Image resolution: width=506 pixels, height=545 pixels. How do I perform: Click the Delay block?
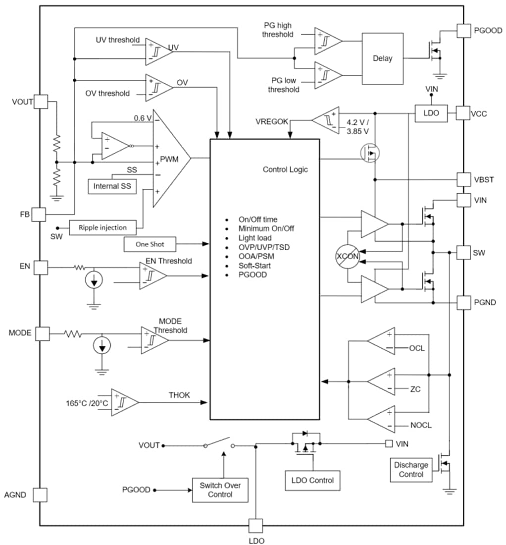(x=382, y=58)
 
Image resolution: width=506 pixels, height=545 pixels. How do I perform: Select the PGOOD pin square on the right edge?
(x=463, y=30)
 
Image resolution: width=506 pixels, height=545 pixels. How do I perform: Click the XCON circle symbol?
(x=348, y=257)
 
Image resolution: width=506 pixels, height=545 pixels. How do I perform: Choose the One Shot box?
(x=150, y=244)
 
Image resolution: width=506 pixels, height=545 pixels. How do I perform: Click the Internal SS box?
(x=112, y=186)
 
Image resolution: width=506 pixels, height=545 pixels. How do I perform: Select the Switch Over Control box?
(x=220, y=490)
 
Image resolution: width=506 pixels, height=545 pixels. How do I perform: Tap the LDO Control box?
(x=312, y=480)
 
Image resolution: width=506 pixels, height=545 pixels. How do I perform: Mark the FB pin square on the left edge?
(x=39, y=214)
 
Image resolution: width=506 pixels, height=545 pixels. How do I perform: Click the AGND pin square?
(x=40, y=494)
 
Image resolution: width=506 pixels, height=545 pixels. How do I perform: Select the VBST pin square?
(x=463, y=179)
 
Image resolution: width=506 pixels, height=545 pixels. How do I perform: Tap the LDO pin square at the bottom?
(x=255, y=526)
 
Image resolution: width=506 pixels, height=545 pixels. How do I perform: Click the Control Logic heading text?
(x=285, y=169)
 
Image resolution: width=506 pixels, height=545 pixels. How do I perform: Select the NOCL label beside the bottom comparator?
(x=421, y=426)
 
